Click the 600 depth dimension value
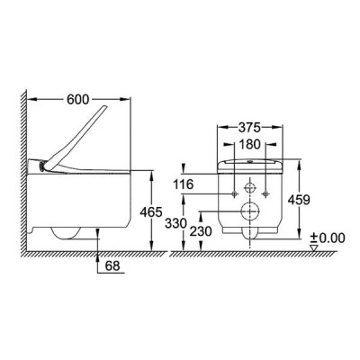77,100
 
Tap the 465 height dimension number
151,212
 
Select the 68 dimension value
112,265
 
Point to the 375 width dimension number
249,128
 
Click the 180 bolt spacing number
249,145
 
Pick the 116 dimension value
183,184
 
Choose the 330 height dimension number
176,223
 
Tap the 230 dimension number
201,231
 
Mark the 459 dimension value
299,200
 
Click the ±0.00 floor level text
328,238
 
